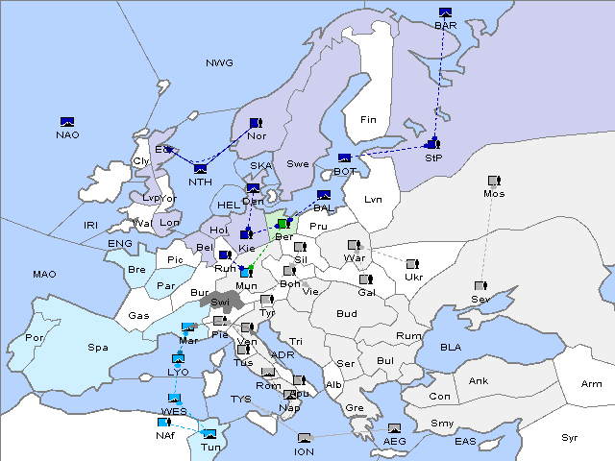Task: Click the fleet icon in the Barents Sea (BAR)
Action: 445,13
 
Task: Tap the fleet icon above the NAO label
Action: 67,122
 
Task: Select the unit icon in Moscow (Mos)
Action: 494,181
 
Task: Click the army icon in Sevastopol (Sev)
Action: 480,286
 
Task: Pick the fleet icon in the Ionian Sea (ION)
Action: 305,438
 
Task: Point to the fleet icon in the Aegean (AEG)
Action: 394,428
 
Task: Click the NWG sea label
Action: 219,63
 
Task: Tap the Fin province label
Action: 368,120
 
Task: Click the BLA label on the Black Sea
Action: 452,347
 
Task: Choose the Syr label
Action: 570,437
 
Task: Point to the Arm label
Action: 592,384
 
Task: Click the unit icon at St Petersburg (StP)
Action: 431,144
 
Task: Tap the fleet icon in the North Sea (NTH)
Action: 200,170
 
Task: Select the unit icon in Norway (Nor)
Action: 256,123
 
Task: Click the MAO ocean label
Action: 44,275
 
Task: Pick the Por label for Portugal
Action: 36,338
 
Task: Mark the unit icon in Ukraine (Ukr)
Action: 412,264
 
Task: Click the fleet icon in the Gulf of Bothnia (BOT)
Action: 345,158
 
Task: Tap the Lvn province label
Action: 374,200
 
